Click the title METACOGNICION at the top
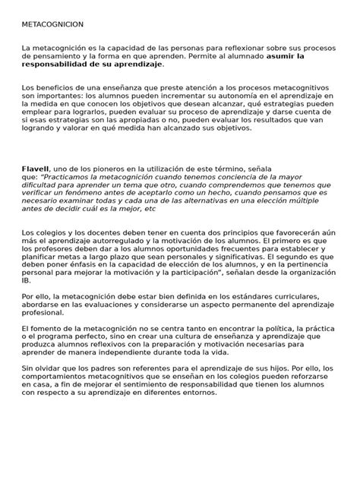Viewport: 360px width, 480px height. tap(53, 24)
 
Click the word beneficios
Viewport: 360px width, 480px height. tap(54, 88)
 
